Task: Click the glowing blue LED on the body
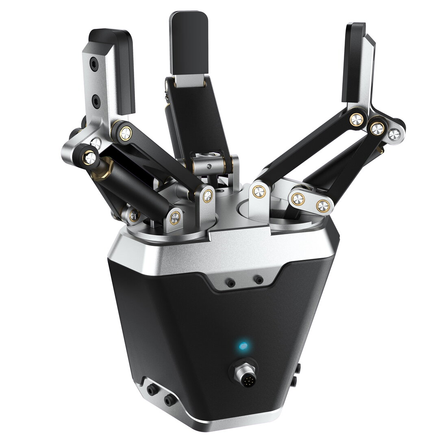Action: coord(243,346)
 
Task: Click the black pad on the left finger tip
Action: coord(122,71)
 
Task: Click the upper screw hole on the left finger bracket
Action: coord(94,64)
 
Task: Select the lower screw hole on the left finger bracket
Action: coord(97,100)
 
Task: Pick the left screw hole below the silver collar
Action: coord(231,282)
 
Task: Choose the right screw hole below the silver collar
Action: coord(258,279)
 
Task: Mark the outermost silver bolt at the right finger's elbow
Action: coord(393,135)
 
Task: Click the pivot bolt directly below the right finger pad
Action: coord(357,119)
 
